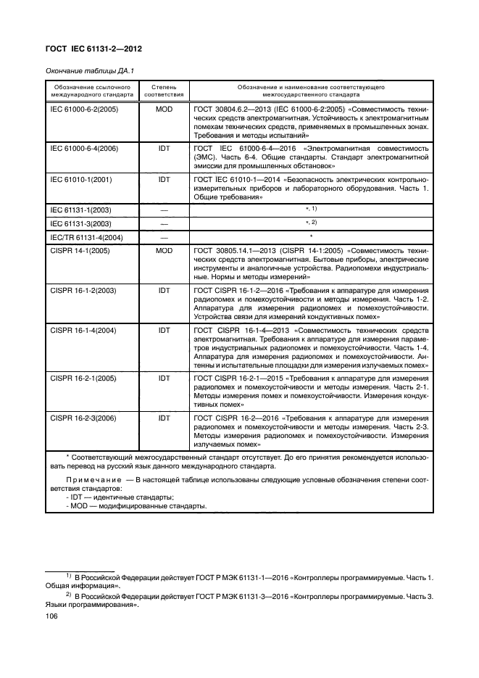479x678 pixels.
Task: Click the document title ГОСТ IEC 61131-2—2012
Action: click(93, 49)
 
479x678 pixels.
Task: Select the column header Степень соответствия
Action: click(164, 89)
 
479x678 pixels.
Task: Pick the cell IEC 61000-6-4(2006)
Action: click(83, 148)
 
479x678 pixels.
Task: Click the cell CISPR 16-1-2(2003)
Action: click(80, 290)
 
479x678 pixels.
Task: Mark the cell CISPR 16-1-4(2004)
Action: click(80, 331)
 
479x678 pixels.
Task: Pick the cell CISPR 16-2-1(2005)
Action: click(80, 379)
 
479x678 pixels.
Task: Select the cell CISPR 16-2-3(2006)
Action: click(80, 418)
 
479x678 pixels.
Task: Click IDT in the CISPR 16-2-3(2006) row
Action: click(164, 418)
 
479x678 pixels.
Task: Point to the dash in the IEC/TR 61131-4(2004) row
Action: click(164, 237)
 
